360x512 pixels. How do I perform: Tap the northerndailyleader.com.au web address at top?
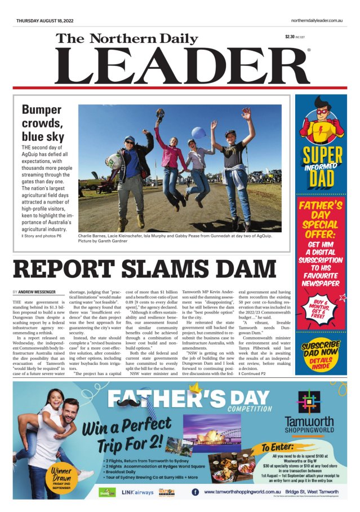317,21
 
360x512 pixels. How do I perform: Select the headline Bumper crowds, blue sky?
43,123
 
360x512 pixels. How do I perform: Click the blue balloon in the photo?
198,133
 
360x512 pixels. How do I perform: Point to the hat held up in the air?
160,114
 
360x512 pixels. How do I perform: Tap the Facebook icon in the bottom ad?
195,492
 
